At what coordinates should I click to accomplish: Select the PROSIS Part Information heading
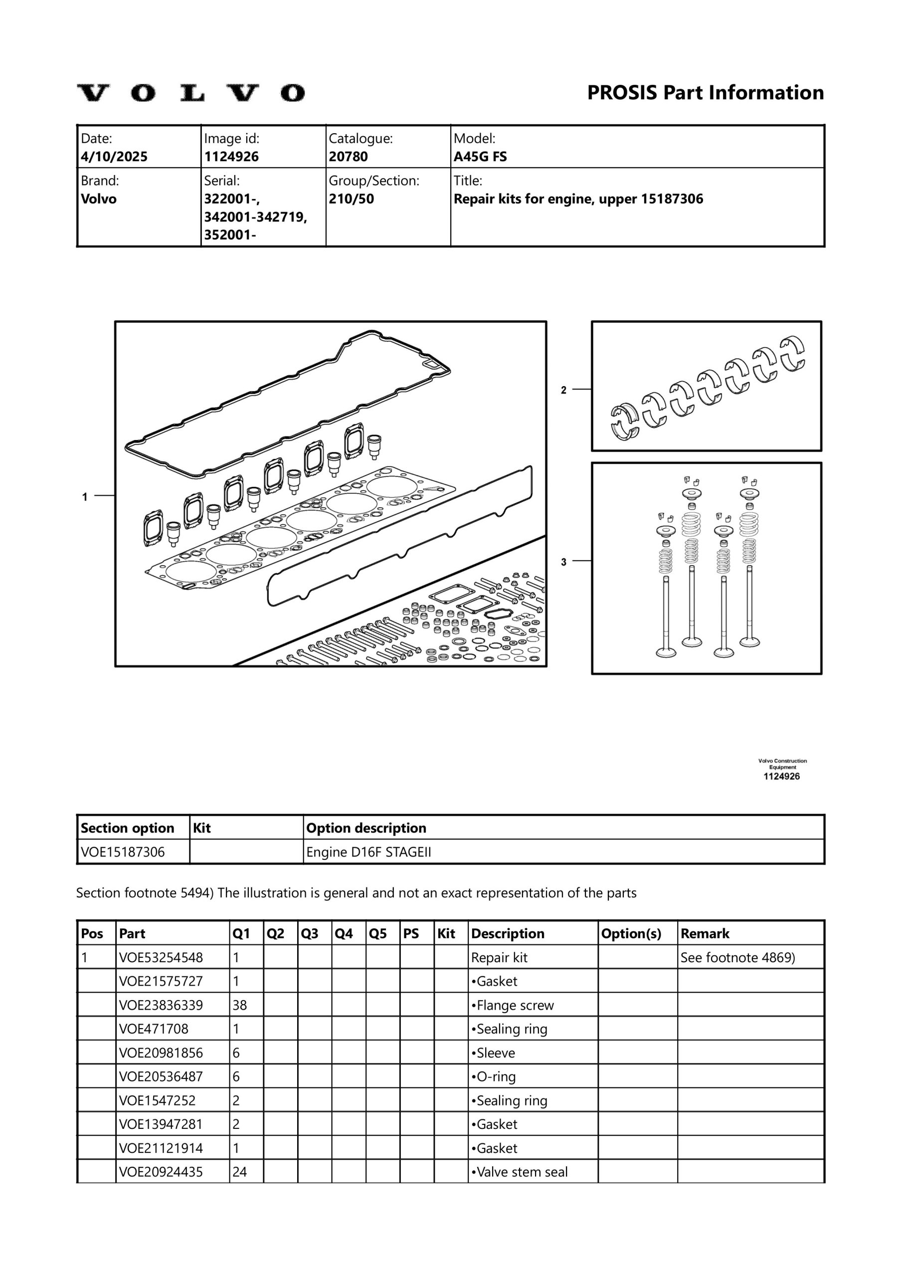(x=705, y=92)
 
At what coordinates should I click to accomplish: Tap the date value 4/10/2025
(x=114, y=156)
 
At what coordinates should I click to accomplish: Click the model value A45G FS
(x=480, y=156)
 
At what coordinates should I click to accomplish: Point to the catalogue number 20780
(x=348, y=156)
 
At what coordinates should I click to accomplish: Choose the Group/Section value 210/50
(x=351, y=199)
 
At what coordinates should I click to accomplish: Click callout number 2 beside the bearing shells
(x=563, y=390)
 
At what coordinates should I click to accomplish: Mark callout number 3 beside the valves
(x=563, y=562)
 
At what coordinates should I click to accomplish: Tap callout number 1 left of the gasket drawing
(x=85, y=497)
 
